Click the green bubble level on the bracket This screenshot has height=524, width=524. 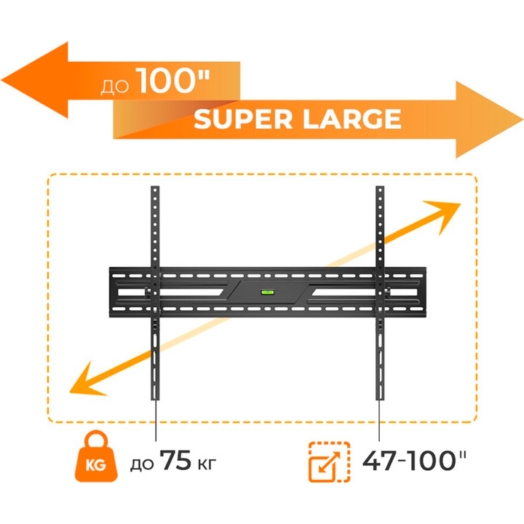(x=267, y=293)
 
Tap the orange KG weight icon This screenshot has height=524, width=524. (x=96, y=456)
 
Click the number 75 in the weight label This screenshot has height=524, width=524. (x=176, y=460)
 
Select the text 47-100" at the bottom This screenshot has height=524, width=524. (x=414, y=461)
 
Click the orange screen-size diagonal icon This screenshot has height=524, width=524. (x=329, y=462)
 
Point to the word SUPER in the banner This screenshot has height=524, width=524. (x=243, y=119)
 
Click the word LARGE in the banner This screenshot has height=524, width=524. (x=352, y=119)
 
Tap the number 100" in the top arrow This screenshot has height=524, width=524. (x=175, y=81)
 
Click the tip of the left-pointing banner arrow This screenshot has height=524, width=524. (x=1, y=80)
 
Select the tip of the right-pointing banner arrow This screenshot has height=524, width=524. (x=523, y=119)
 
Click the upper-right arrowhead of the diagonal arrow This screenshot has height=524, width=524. (x=460, y=204)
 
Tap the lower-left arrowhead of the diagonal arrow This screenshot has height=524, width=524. (x=70, y=392)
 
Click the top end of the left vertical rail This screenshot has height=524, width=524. (x=155, y=186)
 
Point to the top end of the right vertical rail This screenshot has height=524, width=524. (x=380, y=186)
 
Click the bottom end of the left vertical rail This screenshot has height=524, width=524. (x=155, y=400)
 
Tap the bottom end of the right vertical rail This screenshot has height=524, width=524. (x=380, y=400)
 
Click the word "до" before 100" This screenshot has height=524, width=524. (x=115, y=86)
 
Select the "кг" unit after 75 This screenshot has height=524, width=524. (x=207, y=464)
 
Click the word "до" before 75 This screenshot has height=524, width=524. (x=142, y=464)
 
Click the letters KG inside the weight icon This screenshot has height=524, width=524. (x=96, y=465)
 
